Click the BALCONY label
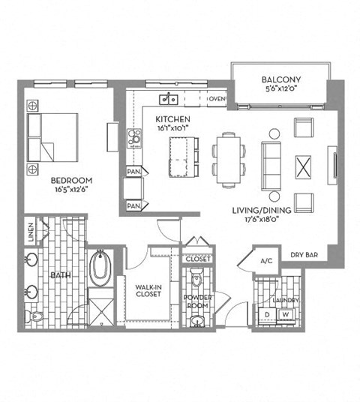[281, 79]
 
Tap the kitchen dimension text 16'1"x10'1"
[172, 128]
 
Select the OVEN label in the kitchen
[217, 99]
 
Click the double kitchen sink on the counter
[169, 99]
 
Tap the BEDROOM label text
[72, 180]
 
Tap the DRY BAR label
[303, 256]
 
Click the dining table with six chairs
[229, 158]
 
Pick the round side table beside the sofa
[274, 133]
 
